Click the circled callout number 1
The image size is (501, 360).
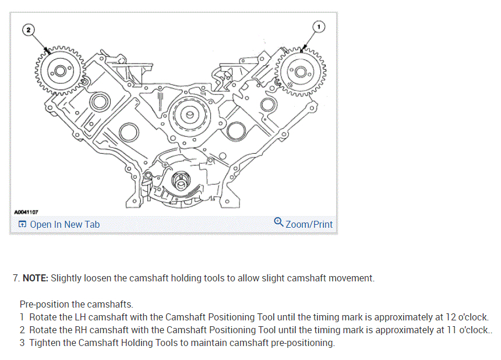(x=317, y=26)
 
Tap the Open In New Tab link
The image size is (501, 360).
(x=65, y=225)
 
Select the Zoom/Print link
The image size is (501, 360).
(x=309, y=225)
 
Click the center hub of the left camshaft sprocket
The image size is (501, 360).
(x=59, y=72)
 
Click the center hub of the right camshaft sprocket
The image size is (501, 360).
(x=301, y=72)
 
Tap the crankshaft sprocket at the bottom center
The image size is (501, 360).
(x=182, y=183)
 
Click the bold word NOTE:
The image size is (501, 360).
(x=36, y=278)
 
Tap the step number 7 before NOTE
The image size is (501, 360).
(x=16, y=278)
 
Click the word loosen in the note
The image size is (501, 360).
(x=94, y=278)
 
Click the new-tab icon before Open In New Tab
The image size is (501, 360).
(x=22, y=225)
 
